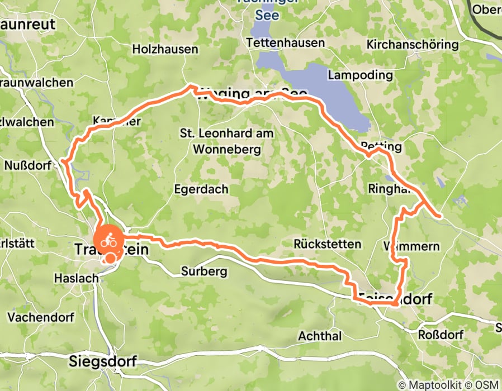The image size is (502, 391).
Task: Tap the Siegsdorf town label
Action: point(103,361)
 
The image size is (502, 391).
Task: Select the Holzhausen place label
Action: point(165,49)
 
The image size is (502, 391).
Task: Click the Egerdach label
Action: point(201,189)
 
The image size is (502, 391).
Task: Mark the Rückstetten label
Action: point(328,244)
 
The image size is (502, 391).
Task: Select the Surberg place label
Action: point(203,272)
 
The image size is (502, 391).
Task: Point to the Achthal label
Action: point(319,336)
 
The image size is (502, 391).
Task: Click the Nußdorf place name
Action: point(27,165)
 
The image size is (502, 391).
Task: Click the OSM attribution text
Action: point(488,385)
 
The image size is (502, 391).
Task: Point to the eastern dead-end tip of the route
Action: point(441,215)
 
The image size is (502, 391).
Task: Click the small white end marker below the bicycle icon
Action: point(111,258)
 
